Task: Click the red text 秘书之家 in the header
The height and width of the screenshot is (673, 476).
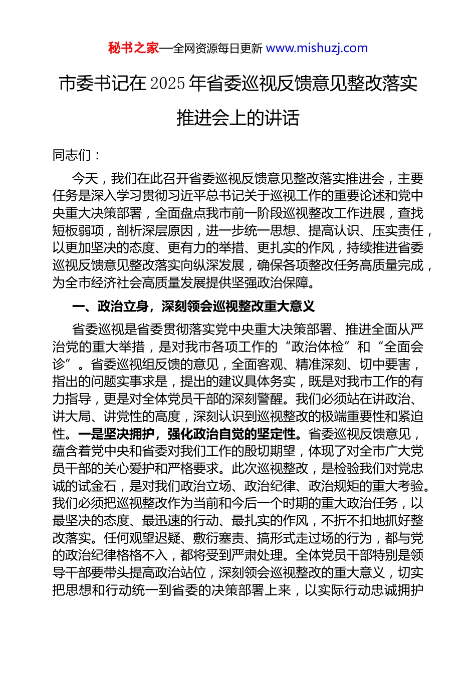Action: [x=133, y=48]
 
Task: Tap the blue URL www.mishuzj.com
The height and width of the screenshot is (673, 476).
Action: [x=317, y=48]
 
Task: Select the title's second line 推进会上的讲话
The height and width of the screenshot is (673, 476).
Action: [x=238, y=118]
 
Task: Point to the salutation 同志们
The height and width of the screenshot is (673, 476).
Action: [x=72, y=155]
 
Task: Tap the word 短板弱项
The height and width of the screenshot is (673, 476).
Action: [x=78, y=230]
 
